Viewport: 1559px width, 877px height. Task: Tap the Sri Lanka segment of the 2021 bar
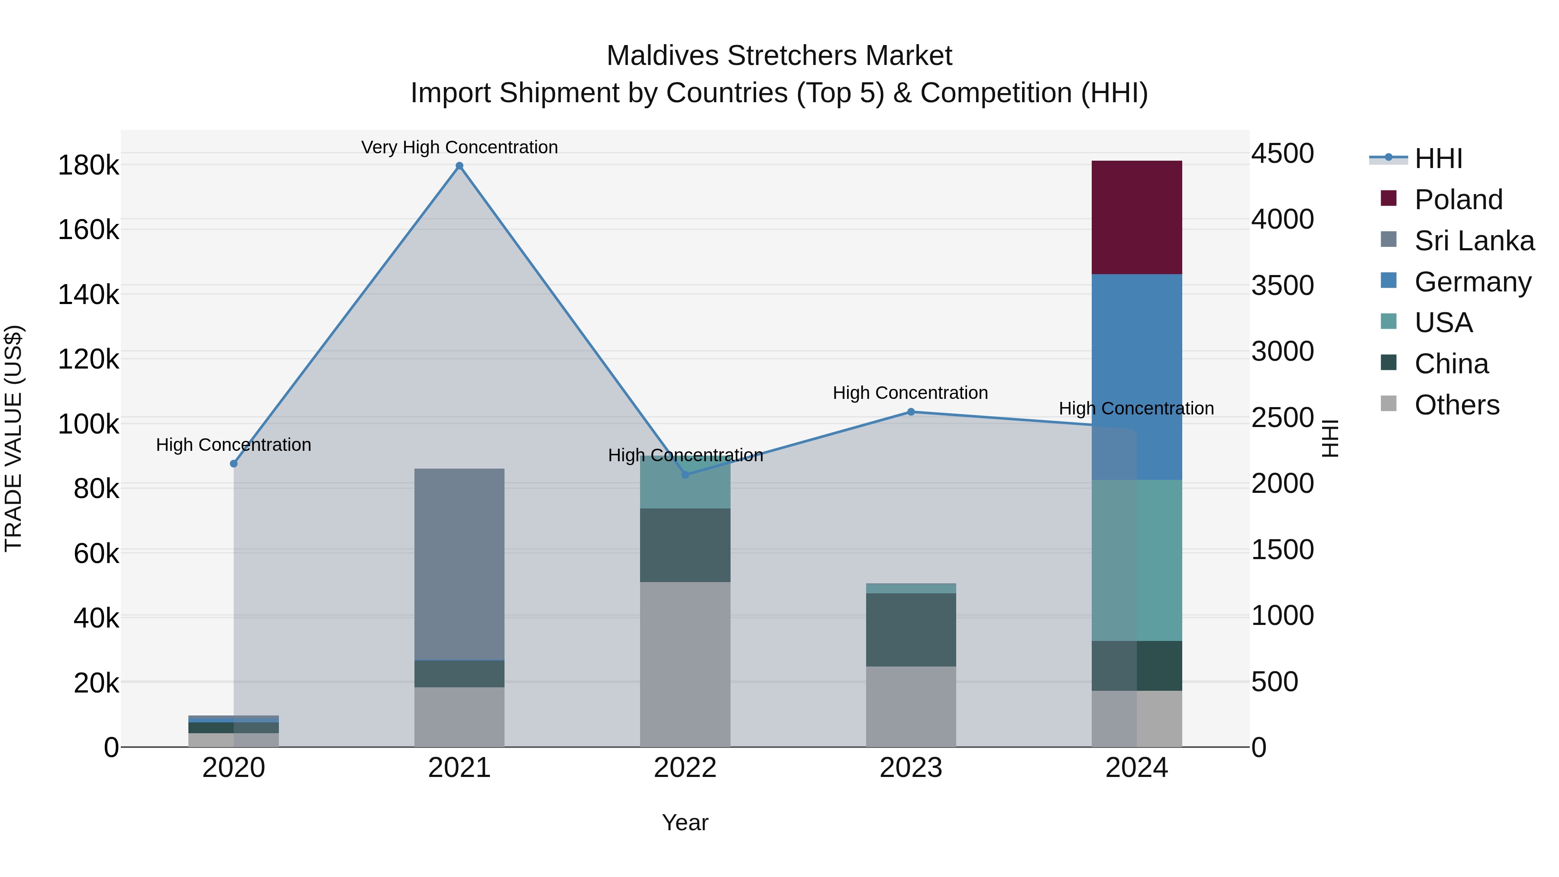coord(459,563)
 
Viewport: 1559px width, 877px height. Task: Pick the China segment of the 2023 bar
coord(911,629)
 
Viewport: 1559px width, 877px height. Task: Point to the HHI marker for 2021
coord(459,166)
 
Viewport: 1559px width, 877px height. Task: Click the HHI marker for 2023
coord(911,412)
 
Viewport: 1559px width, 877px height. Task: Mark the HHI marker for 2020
coord(233,463)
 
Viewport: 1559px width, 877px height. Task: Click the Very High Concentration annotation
coord(459,147)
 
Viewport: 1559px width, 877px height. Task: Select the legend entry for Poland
coord(1458,200)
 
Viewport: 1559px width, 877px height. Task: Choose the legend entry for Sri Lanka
coord(1474,241)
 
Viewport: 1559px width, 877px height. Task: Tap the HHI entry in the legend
coord(1438,159)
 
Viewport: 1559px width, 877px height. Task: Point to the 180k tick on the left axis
coord(88,165)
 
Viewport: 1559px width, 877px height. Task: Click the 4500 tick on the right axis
coord(1282,153)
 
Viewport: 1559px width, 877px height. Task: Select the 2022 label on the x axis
coord(685,768)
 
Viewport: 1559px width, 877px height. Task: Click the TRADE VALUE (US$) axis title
coord(13,438)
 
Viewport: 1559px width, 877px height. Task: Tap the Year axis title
coord(685,822)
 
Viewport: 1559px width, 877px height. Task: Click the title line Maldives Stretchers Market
coord(779,56)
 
